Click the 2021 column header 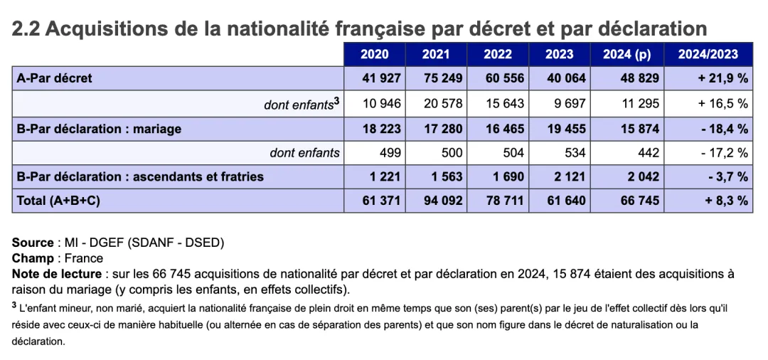pyautogui.click(x=435, y=54)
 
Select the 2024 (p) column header pyautogui.click(x=626, y=54)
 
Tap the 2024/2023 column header pyautogui.click(x=708, y=54)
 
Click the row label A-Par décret pyautogui.click(x=54, y=78)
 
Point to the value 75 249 pyautogui.click(x=442, y=78)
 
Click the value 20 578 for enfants pyautogui.click(x=442, y=103)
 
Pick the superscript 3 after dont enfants pyautogui.click(x=336, y=100)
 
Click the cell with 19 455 pyautogui.click(x=565, y=129)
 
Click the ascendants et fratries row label pyautogui.click(x=140, y=176)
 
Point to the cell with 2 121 pyautogui.click(x=569, y=176)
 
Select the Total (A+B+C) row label pyautogui.click(x=58, y=201)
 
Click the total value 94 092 pyautogui.click(x=442, y=201)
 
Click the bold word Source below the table pyautogui.click(x=33, y=243)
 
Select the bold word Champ pyautogui.click(x=33, y=258)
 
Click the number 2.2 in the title pyautogui.click(x=26, y=29)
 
